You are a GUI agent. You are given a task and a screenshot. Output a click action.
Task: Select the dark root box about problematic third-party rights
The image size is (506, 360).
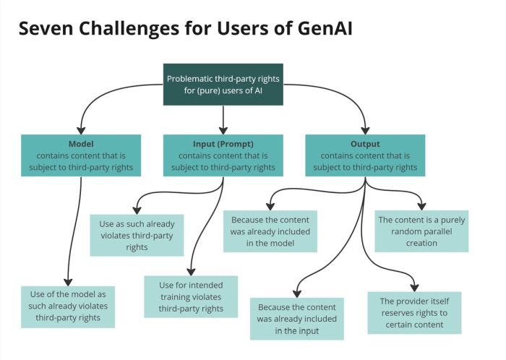223,84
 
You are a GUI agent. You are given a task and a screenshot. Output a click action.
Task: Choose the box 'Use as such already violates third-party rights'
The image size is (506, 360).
137,235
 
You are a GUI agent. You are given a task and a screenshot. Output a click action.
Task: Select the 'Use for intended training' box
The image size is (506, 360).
191,296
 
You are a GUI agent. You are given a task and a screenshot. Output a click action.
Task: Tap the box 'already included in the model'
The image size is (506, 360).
270,231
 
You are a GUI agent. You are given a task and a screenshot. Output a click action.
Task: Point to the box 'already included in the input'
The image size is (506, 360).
296,318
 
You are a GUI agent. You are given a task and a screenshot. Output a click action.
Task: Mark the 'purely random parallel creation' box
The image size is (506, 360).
421,231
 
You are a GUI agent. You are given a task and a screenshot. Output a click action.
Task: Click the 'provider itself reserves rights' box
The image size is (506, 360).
414,312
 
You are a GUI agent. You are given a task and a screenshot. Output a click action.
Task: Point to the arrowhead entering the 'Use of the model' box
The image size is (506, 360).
68,283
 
